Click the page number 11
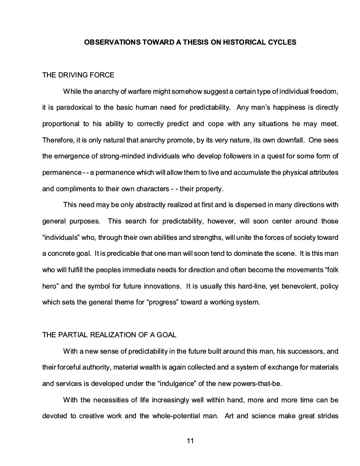(191, 441)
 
